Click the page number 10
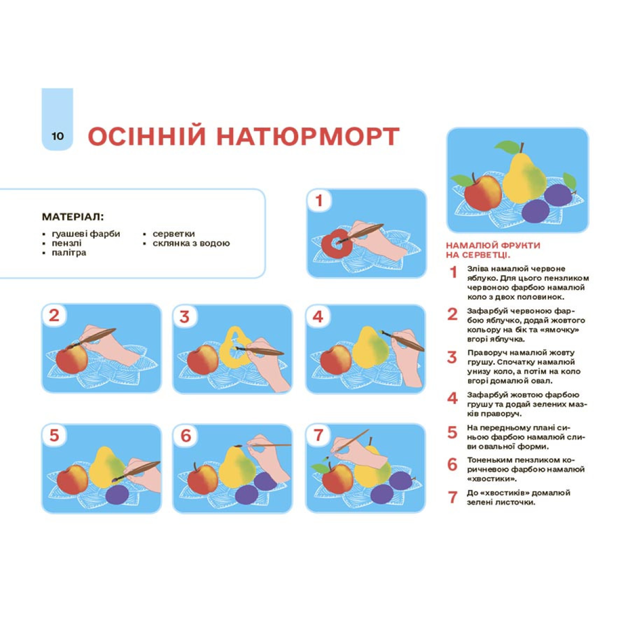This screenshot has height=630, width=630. click(x=58, y=136)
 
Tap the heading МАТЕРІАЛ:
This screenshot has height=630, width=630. click(x=73, y=216)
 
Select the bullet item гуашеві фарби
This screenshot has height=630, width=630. click(x=86, y=234)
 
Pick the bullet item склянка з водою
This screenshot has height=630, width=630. click(x=191, y=243)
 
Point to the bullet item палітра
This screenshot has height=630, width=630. click(x=69, y=253)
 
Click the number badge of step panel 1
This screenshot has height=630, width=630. click(x=319, y=201)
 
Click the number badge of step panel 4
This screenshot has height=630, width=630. click(x=318, y=317)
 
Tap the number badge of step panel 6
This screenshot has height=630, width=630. click(x=186, y=436)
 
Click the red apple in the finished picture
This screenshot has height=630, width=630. click(x=482, y=193)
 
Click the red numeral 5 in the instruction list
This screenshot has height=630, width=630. click(x=452, y=432)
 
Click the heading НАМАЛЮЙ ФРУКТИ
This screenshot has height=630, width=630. click(x=493, y=245)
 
